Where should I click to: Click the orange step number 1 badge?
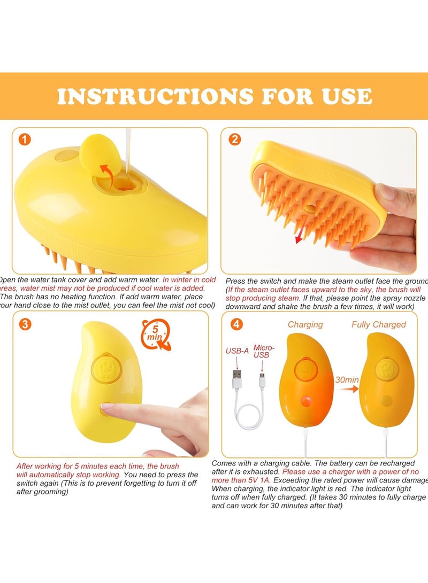25,140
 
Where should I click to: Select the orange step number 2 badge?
235,140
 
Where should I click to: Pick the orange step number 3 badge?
25,324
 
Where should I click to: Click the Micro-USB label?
264,351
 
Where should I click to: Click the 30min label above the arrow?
347,380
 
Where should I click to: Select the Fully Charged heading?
378,324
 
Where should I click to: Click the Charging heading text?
305,324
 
